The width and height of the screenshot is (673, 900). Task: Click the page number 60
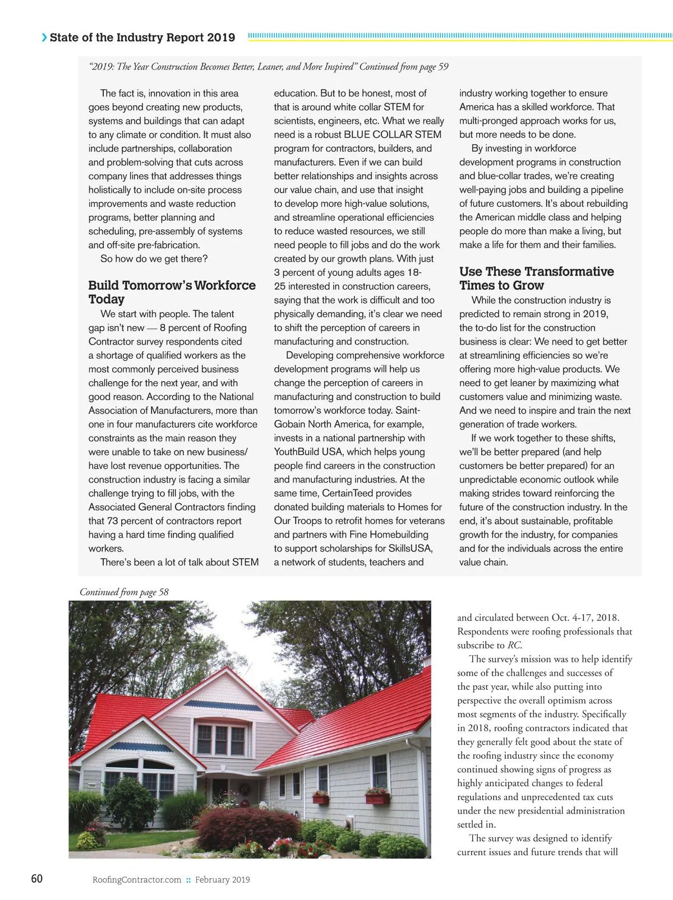point(36,878)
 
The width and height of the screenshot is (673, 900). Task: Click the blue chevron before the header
point(44,38)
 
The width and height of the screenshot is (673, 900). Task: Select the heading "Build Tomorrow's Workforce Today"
point(172,292)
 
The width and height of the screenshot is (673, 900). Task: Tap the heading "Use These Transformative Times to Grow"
point(536,278)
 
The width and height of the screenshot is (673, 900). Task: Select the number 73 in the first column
point(112,521)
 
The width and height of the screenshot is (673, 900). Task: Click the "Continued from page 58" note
point(124,592)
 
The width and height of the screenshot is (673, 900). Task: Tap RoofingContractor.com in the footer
point(137,879)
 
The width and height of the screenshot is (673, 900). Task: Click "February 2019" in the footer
point(222,879)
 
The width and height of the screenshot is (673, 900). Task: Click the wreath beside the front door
point(245,789)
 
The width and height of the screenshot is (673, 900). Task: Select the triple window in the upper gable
point(221,739)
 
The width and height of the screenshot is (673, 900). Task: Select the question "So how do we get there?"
point(154,258)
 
